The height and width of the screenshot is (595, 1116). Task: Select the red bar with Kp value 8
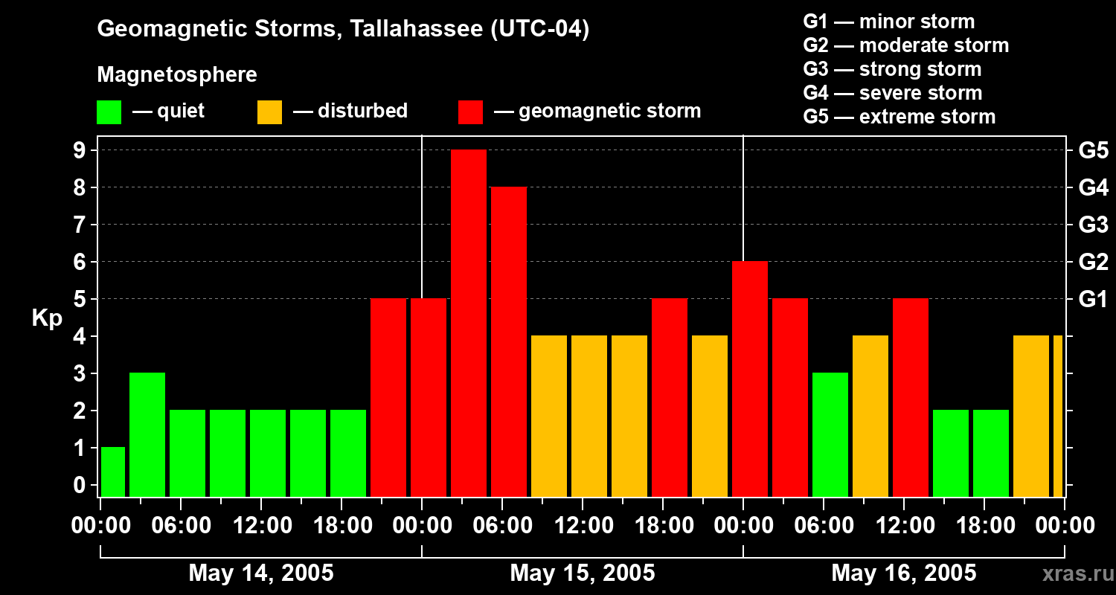509,341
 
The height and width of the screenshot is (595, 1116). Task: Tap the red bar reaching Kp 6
750,379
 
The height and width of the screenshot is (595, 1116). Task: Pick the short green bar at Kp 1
113,472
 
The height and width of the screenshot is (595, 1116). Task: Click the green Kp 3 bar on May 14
147,434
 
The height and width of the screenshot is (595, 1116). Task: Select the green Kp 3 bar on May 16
830,434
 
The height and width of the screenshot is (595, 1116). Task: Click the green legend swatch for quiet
109,112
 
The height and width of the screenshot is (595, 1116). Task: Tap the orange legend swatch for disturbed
269,112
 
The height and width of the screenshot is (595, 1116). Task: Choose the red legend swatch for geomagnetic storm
470,112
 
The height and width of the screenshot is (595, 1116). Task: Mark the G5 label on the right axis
1093,151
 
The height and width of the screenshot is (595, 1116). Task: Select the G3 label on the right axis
1093,225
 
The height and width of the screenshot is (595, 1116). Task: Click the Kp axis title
47,318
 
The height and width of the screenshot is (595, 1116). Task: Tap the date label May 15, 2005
583,573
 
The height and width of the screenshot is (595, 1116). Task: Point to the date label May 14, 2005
261,573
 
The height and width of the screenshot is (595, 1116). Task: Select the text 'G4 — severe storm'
893,93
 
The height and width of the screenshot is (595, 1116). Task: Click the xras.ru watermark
1075,574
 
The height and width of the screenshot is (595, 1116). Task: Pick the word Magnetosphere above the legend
177,75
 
